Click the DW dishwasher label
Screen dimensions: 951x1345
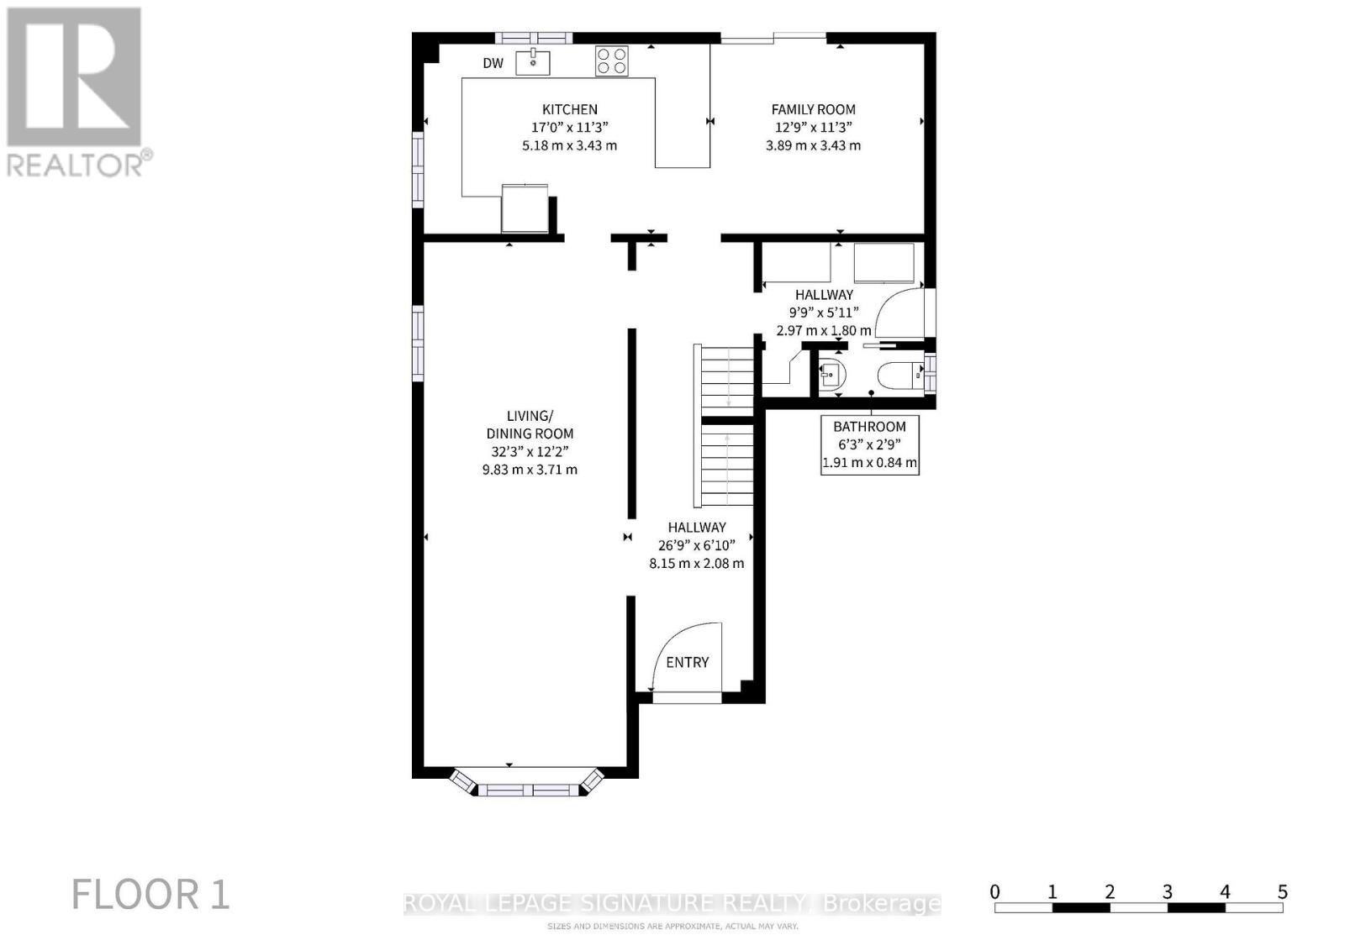(493, 64)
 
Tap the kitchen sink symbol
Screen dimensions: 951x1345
(532, 62)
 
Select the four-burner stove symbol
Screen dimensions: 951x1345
(611, 61)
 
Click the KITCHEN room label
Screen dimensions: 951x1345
(569, 109)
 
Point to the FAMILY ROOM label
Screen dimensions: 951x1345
(813, 109)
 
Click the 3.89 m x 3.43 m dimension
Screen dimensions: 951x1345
(813, 145)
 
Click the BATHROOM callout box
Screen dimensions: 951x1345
(869, 444)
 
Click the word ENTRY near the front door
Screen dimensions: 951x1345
(687, 662)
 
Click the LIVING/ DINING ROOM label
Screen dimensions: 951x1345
(530, 424)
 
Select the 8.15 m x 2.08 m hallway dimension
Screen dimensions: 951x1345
(696, 564)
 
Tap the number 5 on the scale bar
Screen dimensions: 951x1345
(1282, 892)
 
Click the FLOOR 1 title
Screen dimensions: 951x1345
(150, 895)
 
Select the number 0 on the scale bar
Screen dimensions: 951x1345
(994, 892)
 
